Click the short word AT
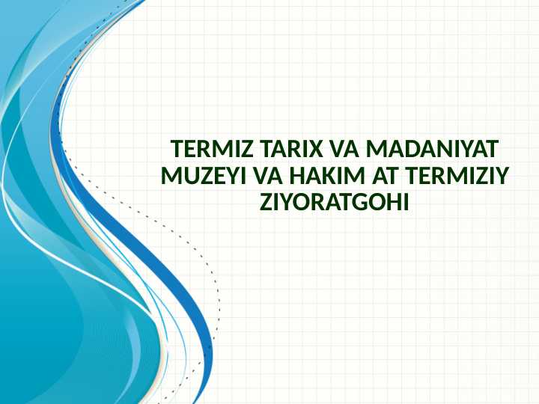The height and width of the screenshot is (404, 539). tap(383, 175)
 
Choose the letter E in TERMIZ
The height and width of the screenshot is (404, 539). tap(186, 148)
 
